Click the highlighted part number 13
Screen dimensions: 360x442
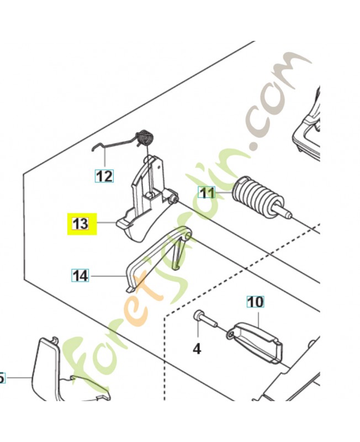coord(80,224)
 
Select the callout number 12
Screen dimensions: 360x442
coord(104,176)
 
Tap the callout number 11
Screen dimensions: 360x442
coord(207,193)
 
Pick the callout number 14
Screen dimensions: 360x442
coord(80,276)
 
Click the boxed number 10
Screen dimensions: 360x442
coord(255,302)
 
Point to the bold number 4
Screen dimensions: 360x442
coord(197,349)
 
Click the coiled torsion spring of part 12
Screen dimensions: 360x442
coord(145,137)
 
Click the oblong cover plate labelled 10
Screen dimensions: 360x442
coord(255,342)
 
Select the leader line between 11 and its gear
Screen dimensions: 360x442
coord(224,193)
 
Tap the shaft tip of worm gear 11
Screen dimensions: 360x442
coord(288,215)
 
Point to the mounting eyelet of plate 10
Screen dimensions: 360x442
coord(231,334)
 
